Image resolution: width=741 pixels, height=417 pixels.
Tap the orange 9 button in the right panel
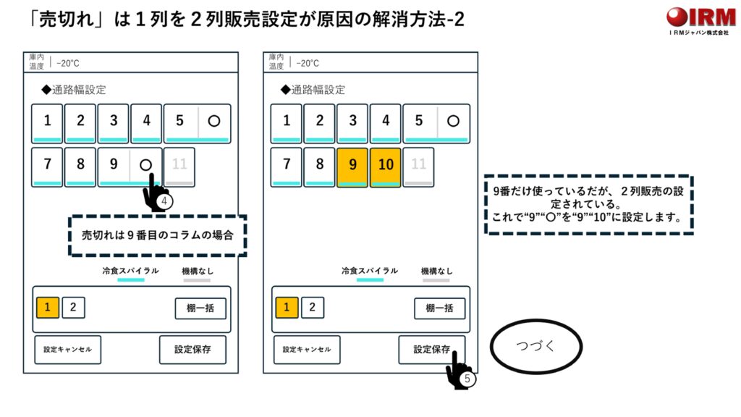(x=352, y=166)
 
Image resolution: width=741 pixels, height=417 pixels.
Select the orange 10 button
(x=385, y=166)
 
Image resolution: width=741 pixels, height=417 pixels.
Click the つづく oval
(x=536, y=347)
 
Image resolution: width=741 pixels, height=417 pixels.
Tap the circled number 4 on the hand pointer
(x=165, y=201)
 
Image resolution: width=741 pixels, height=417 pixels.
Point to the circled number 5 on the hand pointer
(x=467, y=378)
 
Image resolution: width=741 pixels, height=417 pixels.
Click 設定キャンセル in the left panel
(x=67, y=350)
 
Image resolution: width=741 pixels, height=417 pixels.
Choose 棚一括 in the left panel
(x=200, y=308)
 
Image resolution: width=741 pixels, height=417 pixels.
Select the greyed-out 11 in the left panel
(x=179, y=166)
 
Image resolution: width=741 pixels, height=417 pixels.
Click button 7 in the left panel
(x=47, y=166)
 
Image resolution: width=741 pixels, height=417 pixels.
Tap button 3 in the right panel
(x=352, y=122)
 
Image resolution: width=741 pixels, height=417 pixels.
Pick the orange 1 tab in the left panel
(x=47, y=307)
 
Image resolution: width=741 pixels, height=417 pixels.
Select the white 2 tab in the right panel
(x=312, y=307)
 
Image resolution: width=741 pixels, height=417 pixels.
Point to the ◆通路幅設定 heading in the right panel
(x=313, y=90)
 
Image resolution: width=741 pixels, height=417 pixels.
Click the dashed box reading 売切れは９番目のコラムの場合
(x=158, y=236)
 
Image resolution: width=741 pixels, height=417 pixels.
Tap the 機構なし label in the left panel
(x=198, y=271)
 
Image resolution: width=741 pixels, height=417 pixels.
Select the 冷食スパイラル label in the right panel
(x=370, y=271)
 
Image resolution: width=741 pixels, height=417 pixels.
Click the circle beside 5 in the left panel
(x=214, y=122)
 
